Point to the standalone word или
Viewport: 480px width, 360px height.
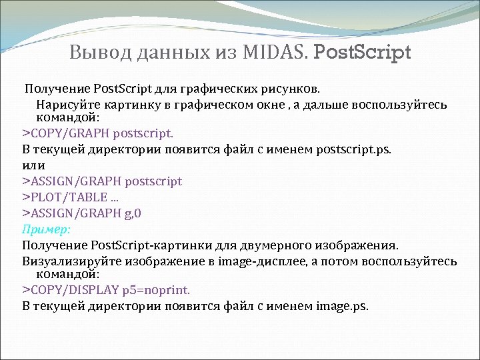[34, 165]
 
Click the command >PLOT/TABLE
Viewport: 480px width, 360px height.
[64, 197]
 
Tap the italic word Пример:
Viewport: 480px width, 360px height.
[46, 229]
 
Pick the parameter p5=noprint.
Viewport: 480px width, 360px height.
[157, 290]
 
